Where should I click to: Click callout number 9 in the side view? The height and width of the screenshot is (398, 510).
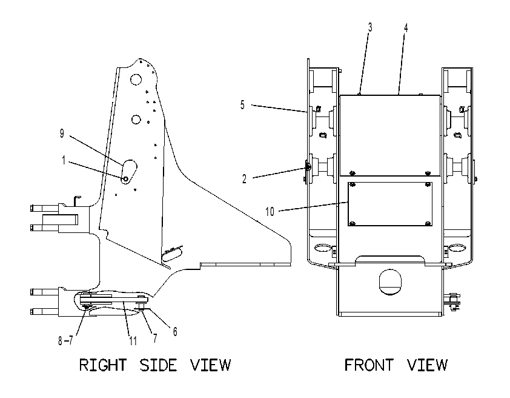pos(62,133)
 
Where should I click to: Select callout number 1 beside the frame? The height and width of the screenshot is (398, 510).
pos(64,160)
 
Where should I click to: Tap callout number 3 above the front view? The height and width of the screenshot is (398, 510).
pos(370,28)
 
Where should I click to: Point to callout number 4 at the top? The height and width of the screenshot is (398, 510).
pos(406,28)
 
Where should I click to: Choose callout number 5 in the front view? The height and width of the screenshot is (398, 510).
pos(242,105)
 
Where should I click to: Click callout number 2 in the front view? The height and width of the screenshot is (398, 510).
pos(244,179)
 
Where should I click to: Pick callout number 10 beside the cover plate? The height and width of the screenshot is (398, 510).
pos(270,212)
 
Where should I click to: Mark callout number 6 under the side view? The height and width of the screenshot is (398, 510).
pos(175,331)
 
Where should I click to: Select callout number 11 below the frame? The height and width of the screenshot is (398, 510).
pos(133,341)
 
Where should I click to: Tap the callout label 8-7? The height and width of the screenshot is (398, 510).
pos(65,341)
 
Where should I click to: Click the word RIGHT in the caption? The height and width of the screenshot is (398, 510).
pos(103,365)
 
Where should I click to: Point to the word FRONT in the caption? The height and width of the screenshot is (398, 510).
pos(369,365)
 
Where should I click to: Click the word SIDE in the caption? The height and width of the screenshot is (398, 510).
pos(159,365)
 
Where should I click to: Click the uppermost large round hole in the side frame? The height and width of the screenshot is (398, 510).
pos(136,79)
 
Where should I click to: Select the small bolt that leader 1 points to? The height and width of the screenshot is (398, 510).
pos(125,179)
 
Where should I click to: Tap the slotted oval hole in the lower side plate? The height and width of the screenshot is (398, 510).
pos(172,254)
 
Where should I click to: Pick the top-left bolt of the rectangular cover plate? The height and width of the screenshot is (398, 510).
pos(353,185)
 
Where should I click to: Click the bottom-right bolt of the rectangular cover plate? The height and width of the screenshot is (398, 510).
pos(428,223)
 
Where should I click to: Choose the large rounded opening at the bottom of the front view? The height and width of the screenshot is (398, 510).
pos(390,282)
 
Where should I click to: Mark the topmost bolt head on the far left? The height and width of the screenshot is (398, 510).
pos(31,207)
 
